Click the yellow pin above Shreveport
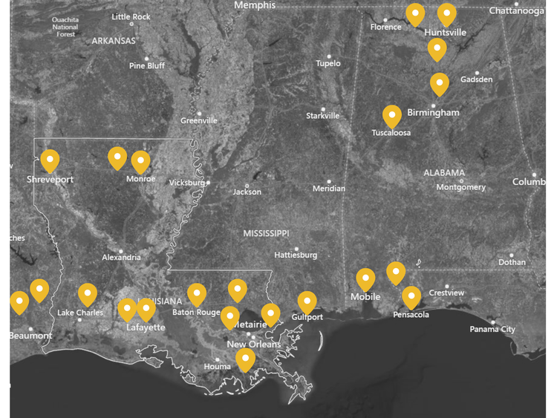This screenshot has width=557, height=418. pos(50,160)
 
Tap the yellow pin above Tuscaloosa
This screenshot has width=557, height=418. pos(392,116)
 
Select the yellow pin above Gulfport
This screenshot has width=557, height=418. pos(307,301)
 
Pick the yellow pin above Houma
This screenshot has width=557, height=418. pos(245,359)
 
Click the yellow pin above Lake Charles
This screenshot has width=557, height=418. pos(88,294)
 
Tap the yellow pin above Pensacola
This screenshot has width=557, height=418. pos(411,297)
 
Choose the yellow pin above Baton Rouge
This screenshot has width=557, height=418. pos(196,294)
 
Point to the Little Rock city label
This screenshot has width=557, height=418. pos(131,16)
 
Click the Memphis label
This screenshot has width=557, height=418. pos(255,5)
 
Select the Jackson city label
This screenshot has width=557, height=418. pos(247,192)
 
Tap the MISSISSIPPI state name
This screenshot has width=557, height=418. pos(267,233)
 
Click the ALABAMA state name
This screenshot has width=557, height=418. pos(444,172)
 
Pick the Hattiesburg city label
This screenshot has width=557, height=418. pos(296,255)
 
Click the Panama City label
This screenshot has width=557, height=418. pos(493,329)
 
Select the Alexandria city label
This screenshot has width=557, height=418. pos(122,258)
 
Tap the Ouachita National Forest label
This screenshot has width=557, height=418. pos(65,27)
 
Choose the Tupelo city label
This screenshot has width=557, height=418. pos(328,63)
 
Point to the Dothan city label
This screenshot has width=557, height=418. pos(512,262)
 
